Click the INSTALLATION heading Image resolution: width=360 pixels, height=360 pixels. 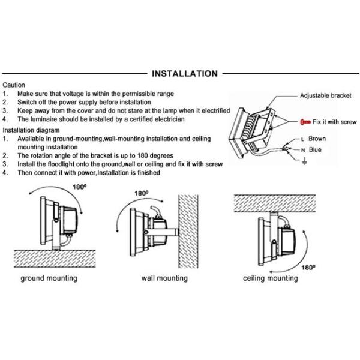(185, 74)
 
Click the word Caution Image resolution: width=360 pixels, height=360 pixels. (14, 85)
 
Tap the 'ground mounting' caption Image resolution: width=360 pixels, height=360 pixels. (49, 278)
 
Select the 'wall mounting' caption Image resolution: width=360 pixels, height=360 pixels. (164, 278)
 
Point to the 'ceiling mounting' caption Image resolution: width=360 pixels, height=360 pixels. (271, 278)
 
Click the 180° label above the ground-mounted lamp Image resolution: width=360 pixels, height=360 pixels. (79, 187)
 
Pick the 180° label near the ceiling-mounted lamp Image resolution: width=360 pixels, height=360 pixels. (308, 267)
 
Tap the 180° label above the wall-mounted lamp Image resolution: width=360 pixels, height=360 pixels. (141, 193)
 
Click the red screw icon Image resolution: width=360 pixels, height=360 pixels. (305, 122)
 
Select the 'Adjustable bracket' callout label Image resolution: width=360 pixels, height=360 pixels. (326, 95)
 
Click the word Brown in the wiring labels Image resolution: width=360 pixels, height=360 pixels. (317, 139)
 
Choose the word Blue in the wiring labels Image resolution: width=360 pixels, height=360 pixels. (315, 149)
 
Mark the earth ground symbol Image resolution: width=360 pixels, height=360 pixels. (304, 161)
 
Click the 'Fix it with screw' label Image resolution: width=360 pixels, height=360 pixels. (335, 122)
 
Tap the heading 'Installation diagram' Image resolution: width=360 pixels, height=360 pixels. (31, 130)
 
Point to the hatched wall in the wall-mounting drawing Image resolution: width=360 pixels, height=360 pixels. (188, 232)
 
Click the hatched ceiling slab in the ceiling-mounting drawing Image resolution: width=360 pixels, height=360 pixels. (275, 203)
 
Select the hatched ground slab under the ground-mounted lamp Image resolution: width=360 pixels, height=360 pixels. (55, 259)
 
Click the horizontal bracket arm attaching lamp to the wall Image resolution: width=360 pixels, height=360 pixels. (161, 232)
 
